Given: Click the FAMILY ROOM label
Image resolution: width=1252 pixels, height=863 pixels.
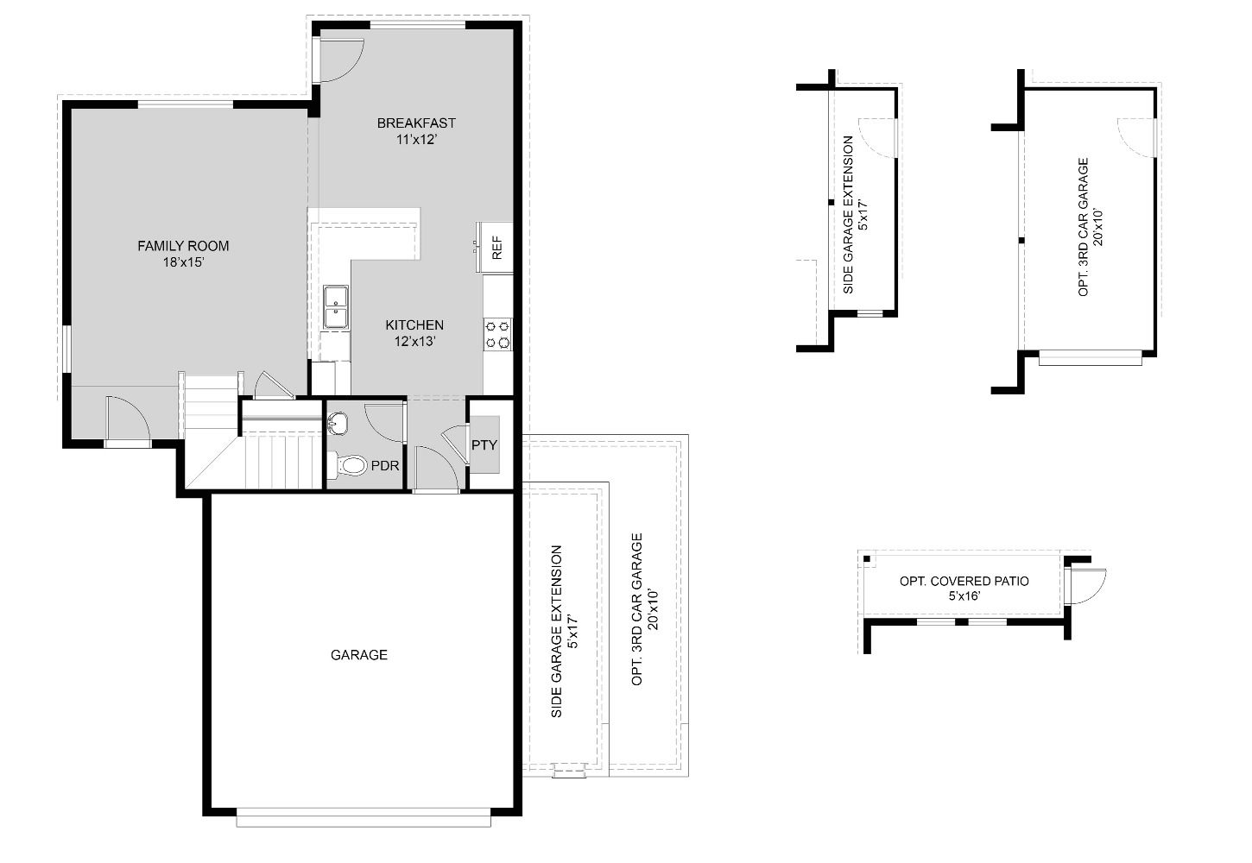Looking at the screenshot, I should click(183, 246).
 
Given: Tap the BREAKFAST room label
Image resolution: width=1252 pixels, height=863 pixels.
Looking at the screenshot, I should click(416, 123).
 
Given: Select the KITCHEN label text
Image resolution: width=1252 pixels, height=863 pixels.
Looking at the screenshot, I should click(414, 324).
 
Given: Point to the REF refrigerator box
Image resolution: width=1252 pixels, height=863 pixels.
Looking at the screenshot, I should click(496, 248).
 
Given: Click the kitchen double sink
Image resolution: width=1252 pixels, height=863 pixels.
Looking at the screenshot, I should click(336, 307).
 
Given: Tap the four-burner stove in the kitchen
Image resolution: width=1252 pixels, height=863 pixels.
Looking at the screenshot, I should click(497, 334).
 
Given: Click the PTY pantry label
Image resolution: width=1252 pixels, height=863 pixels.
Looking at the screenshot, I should click(484, 445).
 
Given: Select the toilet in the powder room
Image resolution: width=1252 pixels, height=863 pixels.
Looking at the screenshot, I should click(350, 466).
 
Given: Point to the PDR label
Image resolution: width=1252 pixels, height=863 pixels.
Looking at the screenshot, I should click(385, 466).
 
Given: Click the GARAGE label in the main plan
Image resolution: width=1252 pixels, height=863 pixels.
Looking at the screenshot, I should click(359, 655).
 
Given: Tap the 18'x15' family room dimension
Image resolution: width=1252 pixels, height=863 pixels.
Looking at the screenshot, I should click(183, 262).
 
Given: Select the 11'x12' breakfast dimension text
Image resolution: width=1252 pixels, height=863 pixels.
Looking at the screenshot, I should click(416, 139).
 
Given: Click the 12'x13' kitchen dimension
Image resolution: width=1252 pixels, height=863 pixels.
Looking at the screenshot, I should click(414, 341).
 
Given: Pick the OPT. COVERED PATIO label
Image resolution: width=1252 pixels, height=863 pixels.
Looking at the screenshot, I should click(964, 581).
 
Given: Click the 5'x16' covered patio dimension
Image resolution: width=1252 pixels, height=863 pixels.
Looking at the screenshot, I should click(964, 595).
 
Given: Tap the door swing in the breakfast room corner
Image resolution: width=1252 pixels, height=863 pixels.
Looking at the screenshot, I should click(338, 60).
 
